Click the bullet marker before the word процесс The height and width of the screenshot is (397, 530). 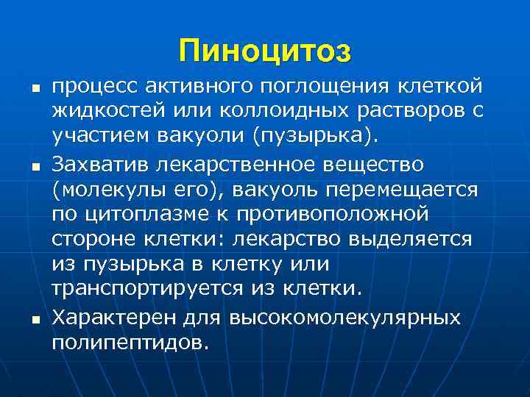[26, 87]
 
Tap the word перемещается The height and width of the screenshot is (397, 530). [406, 190]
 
